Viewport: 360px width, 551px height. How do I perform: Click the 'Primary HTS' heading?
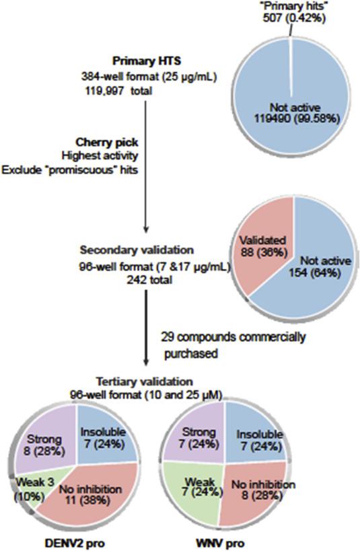pyautogui.click(x=147, y=61)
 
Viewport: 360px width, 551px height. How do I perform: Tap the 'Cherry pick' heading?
pyautogui.click(x=107, y=143)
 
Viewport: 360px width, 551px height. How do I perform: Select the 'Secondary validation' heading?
pyautogui.click(x=137, y=250)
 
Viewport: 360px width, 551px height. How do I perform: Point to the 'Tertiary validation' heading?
pyautogui.click(x=145, y=381)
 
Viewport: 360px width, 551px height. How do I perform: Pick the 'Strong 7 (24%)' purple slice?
pyautogui.click(x=199, y=437)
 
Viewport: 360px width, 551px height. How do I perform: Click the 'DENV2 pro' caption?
pyautogui.click(x=75, y=544)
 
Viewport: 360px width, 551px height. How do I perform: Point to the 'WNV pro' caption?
pyautogui.click(x=220, y=544)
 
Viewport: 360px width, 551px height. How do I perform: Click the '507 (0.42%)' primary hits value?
pyautogui.click(x=294, y=17)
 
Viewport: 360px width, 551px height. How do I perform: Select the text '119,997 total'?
pyautogui.click(x=118, y=91)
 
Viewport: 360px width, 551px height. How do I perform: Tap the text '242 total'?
pyautogui.click(x=149, y=280)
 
